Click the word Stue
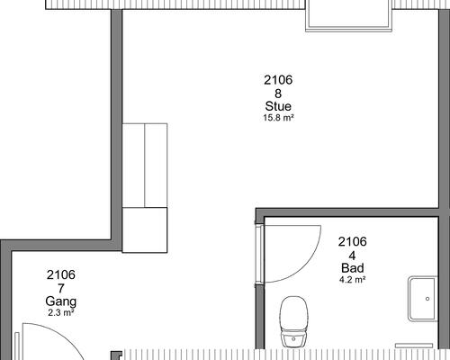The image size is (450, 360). (x=278, y=106)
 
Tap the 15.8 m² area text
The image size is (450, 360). (x=278, y=118)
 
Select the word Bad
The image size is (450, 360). (x=353, y=268)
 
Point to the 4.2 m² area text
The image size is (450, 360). (x=352, y=280)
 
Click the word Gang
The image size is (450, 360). (x=61, y=301)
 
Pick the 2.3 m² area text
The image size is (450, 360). (x=61, y=312)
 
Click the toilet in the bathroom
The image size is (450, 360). (x=294, y=321)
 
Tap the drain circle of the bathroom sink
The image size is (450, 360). (x=427, y=299)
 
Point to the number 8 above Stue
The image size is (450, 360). (x=278, y=94)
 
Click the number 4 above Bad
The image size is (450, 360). (x=352, y=256)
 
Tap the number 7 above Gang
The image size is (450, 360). (x=61, y=289)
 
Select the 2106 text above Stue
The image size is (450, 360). (x=278, y=80)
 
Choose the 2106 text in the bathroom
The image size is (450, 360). (x=353, y=242)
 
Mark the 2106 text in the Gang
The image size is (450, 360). (x=61, y=274)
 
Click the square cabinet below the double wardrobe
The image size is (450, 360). (x=145, y=229)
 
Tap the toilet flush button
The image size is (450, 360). (x=293, y=339)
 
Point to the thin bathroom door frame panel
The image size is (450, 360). (x=259, y=254)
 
